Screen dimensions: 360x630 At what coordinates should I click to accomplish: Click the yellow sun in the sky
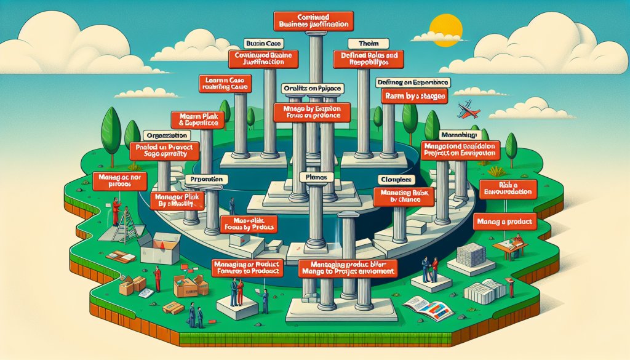click(x=441, y=28)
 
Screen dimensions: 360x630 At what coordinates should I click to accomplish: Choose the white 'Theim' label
click(x=361, y=44)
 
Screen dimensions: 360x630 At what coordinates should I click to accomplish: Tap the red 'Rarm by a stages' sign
click(x=415, y=97)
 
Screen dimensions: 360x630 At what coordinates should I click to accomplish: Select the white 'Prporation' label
click(x=207, y=180)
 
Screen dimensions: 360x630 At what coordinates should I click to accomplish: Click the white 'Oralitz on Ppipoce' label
click(x=311, y=89)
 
